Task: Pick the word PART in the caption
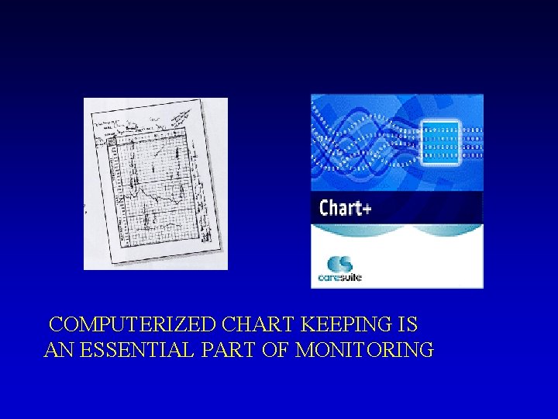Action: pos(219,351)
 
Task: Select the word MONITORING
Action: pos(365,351)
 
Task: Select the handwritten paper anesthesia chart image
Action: pos(155,184)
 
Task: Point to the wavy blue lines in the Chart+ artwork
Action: pos(356,147)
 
